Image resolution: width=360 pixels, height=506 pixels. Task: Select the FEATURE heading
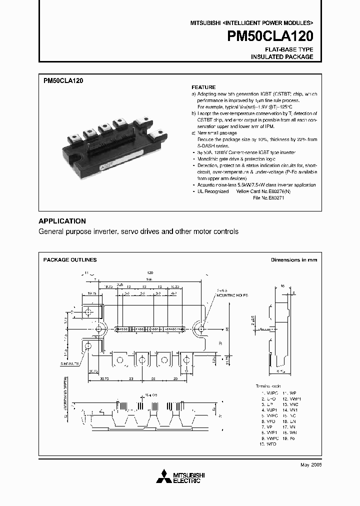click(203, 87)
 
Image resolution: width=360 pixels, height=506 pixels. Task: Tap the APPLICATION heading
click(62, 221)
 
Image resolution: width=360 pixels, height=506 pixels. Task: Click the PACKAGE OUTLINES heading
click(70, 260)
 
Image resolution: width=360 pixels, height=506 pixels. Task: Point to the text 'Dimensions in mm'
click(293, 260)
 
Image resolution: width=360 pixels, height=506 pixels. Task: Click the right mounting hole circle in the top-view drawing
click(201, 328)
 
